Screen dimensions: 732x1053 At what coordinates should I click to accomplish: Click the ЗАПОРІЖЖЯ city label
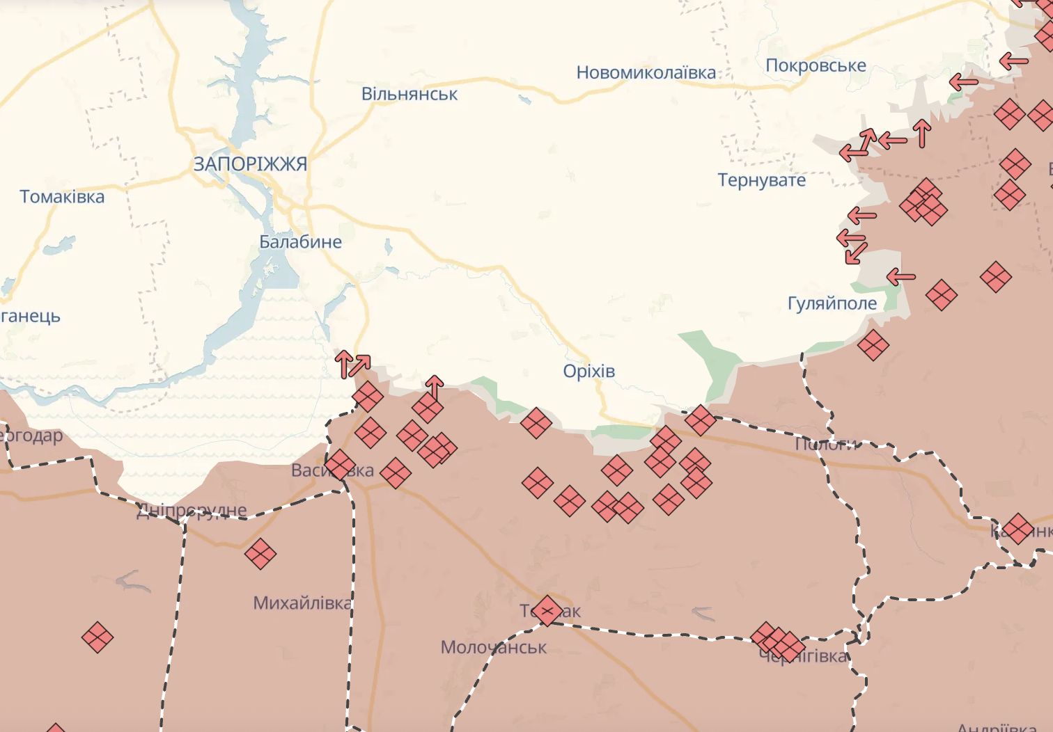point(250,164)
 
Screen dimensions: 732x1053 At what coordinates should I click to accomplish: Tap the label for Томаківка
point(62,197)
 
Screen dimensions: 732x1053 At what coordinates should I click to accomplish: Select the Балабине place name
point(300,242)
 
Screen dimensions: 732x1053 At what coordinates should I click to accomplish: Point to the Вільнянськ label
point(409,94)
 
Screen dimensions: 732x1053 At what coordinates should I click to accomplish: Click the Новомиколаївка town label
point(646,72)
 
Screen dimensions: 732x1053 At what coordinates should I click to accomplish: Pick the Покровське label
point(816,65)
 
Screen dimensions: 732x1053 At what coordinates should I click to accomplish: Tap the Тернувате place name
point(762,180)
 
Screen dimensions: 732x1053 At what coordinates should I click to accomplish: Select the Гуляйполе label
point(832,303)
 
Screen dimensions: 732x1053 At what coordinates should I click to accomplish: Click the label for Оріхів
point(589,371)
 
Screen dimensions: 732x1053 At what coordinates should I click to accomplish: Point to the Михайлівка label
point(302,603)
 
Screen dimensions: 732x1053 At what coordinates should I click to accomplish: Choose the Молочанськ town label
point(494,647)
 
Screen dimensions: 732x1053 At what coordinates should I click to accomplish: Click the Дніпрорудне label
point(192,511)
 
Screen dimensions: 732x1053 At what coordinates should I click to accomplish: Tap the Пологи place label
point(827,443)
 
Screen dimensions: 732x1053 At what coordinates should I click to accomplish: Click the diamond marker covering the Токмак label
point(547,611)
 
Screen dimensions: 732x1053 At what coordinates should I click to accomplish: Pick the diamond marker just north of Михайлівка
point(260,554)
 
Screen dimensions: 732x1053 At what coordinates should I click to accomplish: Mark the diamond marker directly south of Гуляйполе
point(873,345)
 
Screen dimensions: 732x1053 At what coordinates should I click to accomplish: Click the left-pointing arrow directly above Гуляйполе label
point(901,277)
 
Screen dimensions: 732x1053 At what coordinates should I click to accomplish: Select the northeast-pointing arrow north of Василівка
point(361,363)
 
